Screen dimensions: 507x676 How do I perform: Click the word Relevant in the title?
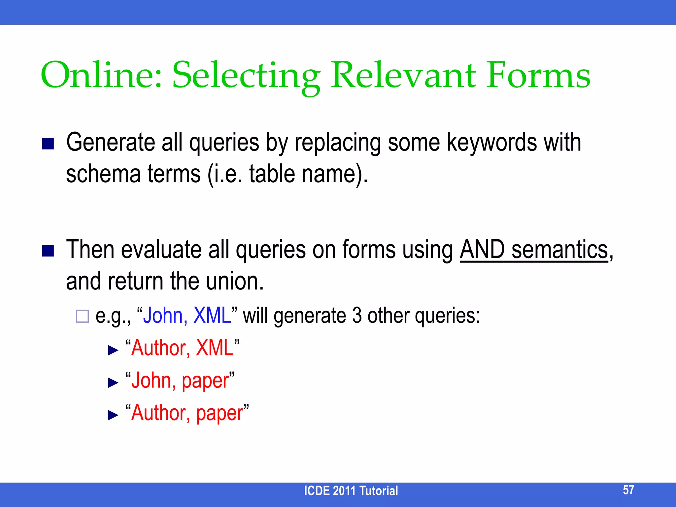[x=403, y=75]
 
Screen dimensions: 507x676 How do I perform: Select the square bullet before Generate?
[x=48, y=144]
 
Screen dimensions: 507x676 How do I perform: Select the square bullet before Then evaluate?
[x=48, y=251]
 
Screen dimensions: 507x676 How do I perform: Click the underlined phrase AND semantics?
[x=534, y=250]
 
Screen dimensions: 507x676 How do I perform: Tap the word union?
[x=235, y=281]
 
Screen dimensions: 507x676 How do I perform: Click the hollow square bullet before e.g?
[x=82, y=316]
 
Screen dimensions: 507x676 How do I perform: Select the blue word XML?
[x=212, y=315]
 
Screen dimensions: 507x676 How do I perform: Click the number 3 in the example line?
[x=357, y=315]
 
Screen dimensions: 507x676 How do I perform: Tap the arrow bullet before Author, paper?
[x=113, y=415]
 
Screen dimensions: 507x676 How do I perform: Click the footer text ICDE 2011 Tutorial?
[x=351, y=491]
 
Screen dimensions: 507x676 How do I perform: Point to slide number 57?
[x=628, y=490]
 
